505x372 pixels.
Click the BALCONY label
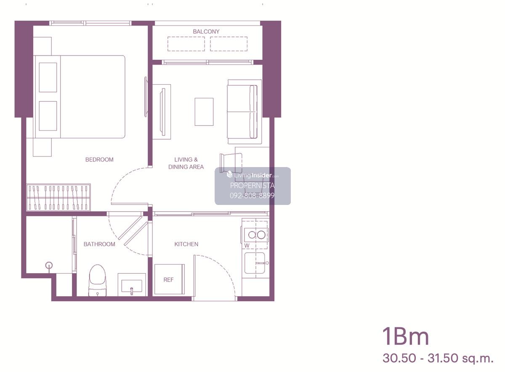click(x=206, y=32)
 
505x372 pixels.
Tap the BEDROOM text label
click(x=99, y=159)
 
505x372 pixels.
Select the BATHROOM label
click(x=99, y=244)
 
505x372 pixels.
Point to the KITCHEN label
click(x=186, y=244)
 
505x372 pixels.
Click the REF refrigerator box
click(x=169, y=279)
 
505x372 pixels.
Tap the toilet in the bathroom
click(x=97, y=280)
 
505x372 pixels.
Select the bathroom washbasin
click(x=132, y=285)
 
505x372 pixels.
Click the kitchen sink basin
click(x=255, y=263)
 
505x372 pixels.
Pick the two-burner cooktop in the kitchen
click(x=257, y=235)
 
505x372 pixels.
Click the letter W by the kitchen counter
click(x=247, y=245)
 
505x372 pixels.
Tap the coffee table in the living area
click(x=204, y=112)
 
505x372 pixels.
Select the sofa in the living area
click(x=245, y=112)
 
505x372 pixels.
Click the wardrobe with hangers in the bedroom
click(x=58, y=197)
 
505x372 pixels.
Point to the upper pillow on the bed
click(x=48, y=77)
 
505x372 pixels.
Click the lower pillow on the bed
click(x=48, y=116)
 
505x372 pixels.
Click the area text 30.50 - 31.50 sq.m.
click(x=438, y=358)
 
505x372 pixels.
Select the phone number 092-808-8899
click(x=252, y=196)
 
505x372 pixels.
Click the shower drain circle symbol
click(x=49, y=266)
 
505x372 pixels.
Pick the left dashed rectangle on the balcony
click(x=186, y=44)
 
